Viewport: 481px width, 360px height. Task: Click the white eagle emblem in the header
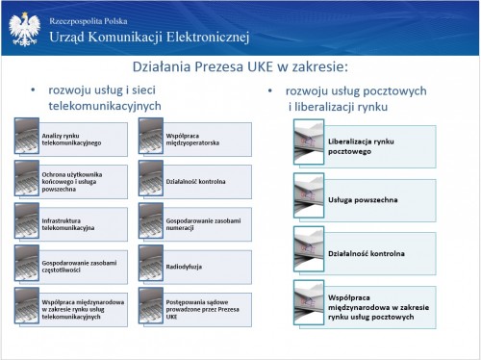pyautogui.click(x=25, y=29)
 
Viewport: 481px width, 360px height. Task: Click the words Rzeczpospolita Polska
pyautogui.click(x=89, y=21)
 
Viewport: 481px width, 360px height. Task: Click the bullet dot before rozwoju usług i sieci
pyautogui.click(x=33, y=90)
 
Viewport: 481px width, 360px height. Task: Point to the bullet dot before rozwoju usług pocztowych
pyautogui.click(x=270, y=91)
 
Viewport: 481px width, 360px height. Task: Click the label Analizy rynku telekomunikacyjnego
pyautogui.click(x=71, y=140)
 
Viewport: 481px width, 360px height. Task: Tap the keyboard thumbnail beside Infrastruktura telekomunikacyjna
pyautogui.click(x=27, y=220)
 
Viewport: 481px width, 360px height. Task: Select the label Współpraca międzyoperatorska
pyautogui.click(x=192, y=140)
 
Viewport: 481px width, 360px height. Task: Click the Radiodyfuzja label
pyautogui.click(x=184, y=267)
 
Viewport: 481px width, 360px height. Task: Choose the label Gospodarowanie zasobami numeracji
pyautogui.click(x=203, y=224)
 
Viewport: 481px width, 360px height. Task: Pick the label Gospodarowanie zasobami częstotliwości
pyautogui.click(x=79, y=267)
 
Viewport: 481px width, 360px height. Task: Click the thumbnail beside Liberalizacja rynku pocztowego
pyautogui.click(x=309, y=142)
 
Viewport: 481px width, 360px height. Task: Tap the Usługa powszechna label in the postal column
pyautogui.click(x=363, y=200)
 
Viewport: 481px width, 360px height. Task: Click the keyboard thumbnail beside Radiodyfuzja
pyautogui.click(x=151, y=263)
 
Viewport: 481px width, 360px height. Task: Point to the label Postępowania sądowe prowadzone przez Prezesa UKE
pyautogui.click(x=202, y=309)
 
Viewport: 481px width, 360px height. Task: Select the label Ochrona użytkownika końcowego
pyautogui.click(x=72, y=182)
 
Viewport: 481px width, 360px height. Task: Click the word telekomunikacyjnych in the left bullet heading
pyautogui.click(x=105, y=106)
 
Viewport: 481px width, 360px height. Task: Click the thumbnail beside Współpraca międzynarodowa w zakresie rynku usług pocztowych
pyautogui.click(x=309, y=302)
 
